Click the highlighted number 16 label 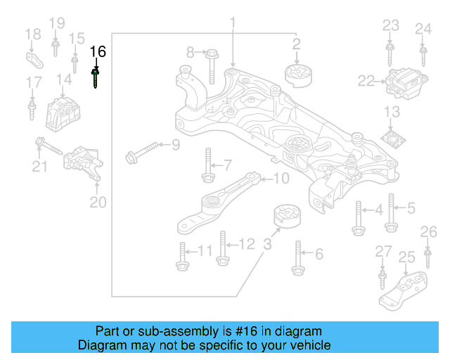(98, 51)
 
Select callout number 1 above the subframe (231, 26)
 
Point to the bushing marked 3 (286, 216)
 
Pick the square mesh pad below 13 (394, 136)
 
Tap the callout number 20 (98, 202)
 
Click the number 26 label (428, 232)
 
